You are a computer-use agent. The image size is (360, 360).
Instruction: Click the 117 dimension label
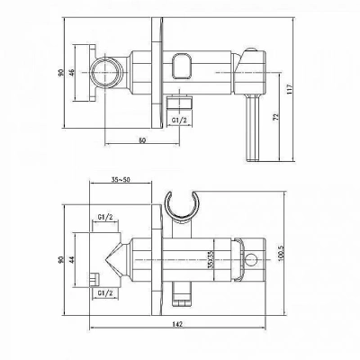point(290,89)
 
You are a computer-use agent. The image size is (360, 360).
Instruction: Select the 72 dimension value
point(276,116)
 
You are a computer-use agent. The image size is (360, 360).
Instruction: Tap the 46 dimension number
point(71,72)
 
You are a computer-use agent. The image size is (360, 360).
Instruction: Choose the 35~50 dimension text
point(121,180)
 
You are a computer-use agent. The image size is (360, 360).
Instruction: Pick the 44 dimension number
point(71,259)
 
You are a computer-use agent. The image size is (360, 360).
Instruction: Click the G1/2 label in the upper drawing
point(179,121)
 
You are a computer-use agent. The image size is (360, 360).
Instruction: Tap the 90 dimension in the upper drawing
point(61,72)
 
